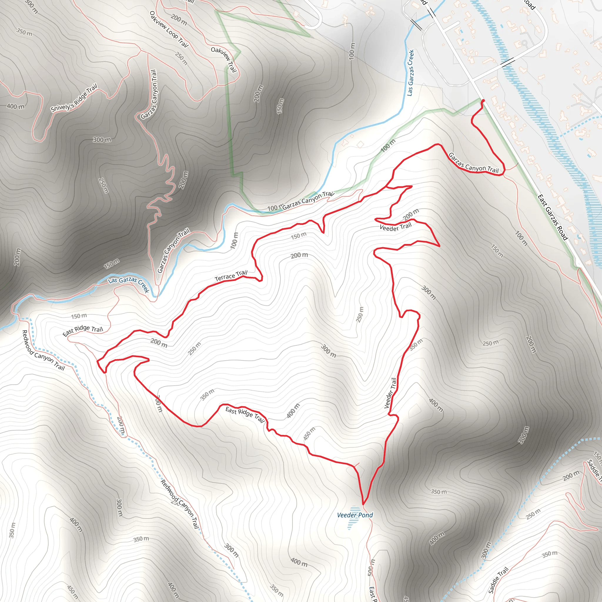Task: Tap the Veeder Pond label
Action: pyautogui.click(x=355, y=515)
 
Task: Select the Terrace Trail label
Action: pyautogui.click(x=231, y=276)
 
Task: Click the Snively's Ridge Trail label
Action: pyautogui.click(x=74, y=98)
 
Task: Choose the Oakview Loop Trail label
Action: pyautogui.click(x=169, y=29)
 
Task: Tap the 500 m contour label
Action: pyautogui.click(x=370, y=567)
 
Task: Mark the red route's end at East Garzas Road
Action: pyautogui.click(x=483, y=101)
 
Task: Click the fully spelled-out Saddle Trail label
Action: pyautogui.click(x=498, y=580)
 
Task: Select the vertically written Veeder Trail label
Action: pyautogui.click(x=390, y=393)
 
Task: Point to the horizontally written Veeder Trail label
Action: pyautogui.click(x=395, y=227)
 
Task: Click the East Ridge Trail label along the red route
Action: pyautogui.click(x=245, y=414)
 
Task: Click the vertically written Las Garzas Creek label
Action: pyautogui.click(x=411, y=73)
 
